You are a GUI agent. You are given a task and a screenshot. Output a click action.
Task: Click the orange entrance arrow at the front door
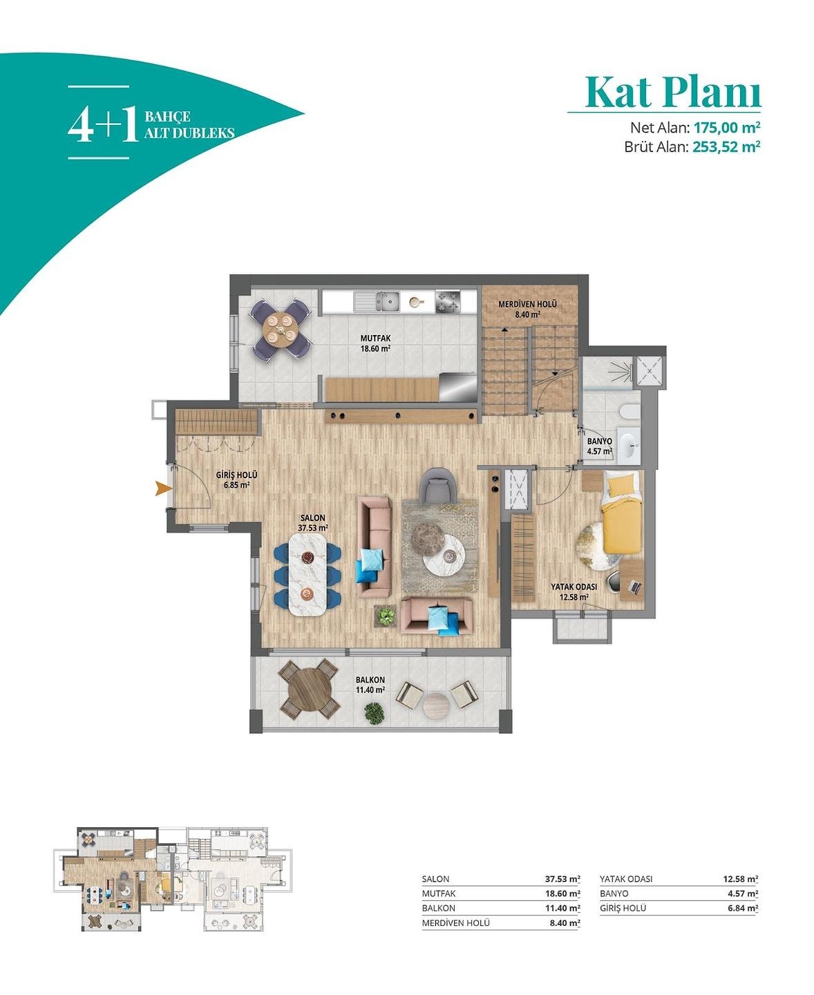pos(163,489)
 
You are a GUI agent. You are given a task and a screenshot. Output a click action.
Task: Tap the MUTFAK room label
pos(376,339)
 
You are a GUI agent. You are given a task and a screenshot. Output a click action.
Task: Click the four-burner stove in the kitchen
pos(447,301)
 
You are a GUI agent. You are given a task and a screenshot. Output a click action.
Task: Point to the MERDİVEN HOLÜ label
pos(527,304)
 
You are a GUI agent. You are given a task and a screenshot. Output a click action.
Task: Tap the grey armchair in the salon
pos(438,485)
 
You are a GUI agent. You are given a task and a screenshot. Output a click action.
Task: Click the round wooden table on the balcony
pos(309,690)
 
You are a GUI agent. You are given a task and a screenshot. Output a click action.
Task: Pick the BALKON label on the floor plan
pos(370,680)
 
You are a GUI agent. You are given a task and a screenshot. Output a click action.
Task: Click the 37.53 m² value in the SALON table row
pos(562,879)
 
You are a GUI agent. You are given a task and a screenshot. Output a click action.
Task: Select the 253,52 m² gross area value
pos(726,146)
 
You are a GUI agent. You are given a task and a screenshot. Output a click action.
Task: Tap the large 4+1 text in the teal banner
pos(104,124)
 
